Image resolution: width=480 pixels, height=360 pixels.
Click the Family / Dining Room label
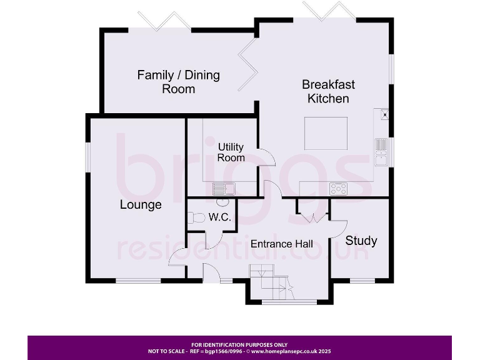pyautogui.click(x=178, y=82)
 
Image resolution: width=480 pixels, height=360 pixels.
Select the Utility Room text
pyautogui.click(x=231, y=152)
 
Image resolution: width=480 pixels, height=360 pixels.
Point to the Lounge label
pyautogui.click(x=141, y=204)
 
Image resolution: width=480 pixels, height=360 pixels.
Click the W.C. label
pyautogui.click(x=220, y=217)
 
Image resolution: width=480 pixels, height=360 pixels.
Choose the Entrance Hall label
pyautogui.click(x=282, y=244)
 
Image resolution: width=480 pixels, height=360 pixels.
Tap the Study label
pyautogui.click(x=361, y=241)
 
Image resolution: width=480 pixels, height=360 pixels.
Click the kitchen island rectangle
pyautogui.click(x=326, y=133)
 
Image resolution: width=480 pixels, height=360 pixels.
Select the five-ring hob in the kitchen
pyautogui.click(x=338, y=187)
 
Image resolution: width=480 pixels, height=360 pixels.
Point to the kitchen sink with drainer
pyautogui.click(x=381, y=152)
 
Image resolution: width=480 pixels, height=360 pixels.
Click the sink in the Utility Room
pyautogui.click(x=223, y=188)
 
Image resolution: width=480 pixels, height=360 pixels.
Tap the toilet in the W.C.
pyautogui.click(x=197, y=218)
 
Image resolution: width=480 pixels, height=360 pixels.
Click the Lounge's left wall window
pyautogui.click(x=88, y=156)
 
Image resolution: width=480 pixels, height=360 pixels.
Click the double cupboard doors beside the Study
pyautogui.click(x=312, y=216)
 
